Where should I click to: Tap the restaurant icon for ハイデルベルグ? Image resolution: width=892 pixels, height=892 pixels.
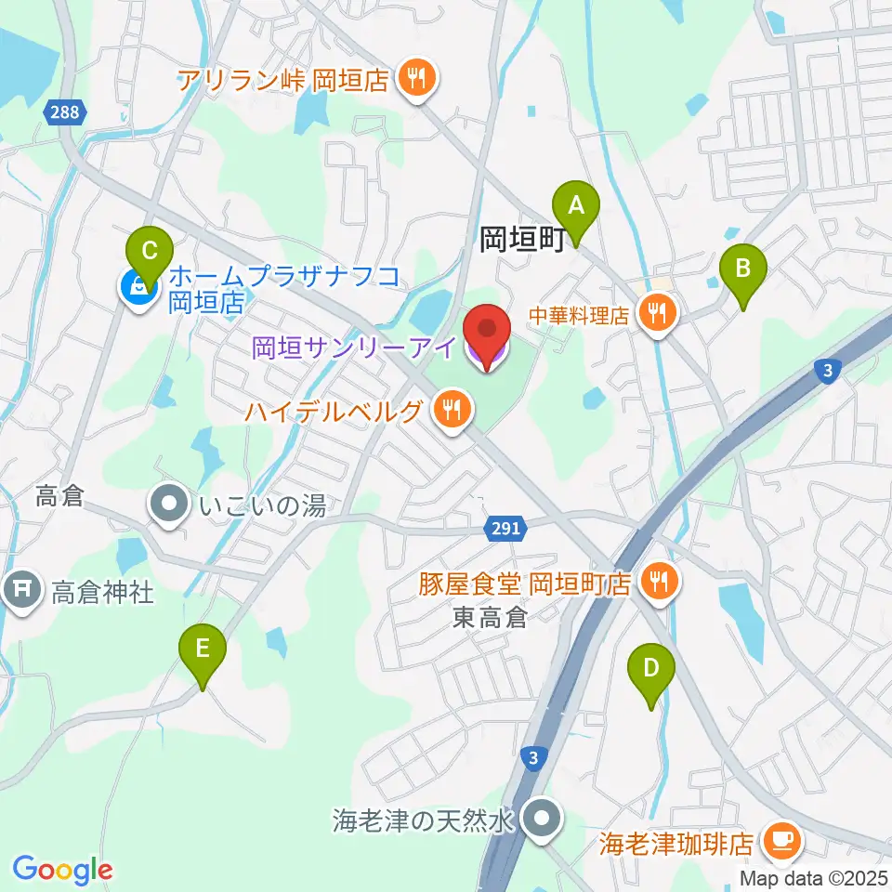click(453, 410)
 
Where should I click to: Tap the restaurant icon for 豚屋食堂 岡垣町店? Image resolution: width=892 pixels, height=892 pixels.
click(660, 583)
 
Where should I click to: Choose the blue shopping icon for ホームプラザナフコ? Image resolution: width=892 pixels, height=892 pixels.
click(138, 288)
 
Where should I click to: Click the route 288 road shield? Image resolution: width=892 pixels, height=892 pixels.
click(65, 112)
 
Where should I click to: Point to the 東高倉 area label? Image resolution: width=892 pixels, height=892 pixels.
click(490, 617)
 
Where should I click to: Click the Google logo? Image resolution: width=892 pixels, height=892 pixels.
click(62, 869)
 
